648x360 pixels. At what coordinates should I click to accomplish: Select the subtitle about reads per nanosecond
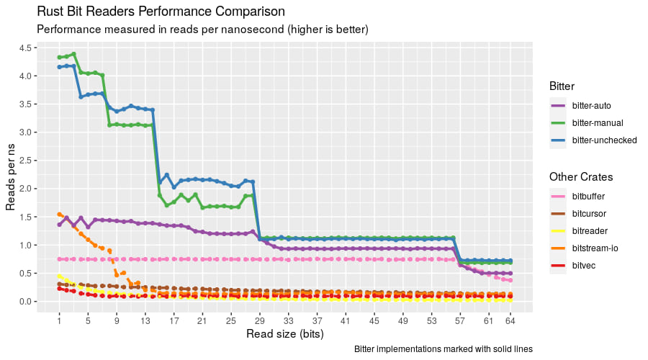point(202,30)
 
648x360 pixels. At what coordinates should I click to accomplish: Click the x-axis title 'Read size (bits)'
point(284,334)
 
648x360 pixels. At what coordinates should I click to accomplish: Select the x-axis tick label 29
point(259,320)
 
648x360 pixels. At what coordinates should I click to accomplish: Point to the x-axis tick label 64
point(510,320)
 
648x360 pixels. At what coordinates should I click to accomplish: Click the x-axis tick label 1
point(59,320)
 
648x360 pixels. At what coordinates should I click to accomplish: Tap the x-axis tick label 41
point(346,320)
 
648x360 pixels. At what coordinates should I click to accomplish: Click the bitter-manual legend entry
point(597,123)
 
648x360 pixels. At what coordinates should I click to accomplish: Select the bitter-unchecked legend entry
point(604,140)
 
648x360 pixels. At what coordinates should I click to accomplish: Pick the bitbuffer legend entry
point(588,196)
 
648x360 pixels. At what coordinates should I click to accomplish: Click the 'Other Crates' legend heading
point(580,176)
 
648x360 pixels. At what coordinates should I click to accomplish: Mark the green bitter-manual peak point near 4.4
point(73,54)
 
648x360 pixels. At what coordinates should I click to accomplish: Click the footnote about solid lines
point(444,349)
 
